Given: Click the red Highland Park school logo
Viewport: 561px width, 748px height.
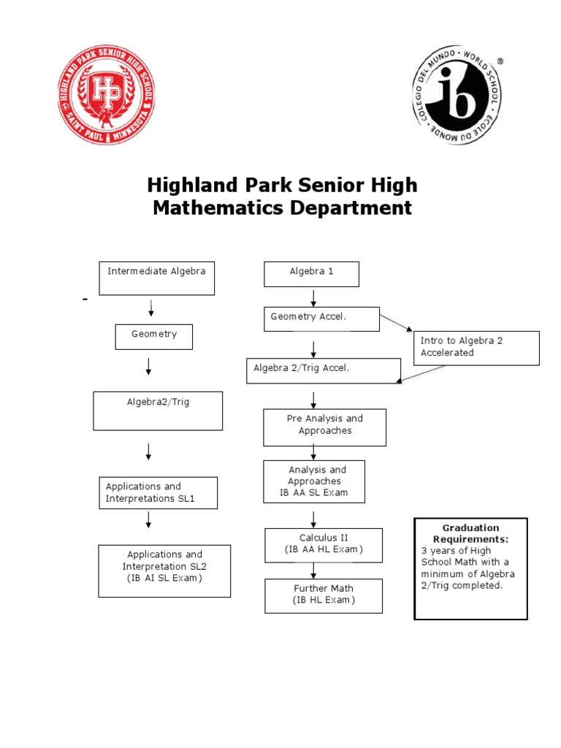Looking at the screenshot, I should click(x=107, y=95).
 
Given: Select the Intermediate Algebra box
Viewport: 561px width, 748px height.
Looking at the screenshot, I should click(x=156, y=278).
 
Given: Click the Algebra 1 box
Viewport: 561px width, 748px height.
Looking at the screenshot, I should click(x=311, y=274).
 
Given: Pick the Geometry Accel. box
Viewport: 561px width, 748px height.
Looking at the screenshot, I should click(x=321, y=318).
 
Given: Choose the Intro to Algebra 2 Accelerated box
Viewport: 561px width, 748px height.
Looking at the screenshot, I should click(x=476, y=348).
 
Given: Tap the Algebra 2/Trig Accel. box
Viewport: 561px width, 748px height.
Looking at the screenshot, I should click(x=324, y=370).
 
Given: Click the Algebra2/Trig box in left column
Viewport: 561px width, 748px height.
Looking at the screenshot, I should click(x=158, y=411).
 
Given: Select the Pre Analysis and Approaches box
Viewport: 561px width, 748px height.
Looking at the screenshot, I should click(x=324, y=427).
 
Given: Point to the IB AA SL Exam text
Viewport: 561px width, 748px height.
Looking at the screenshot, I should click(x=314, y=493).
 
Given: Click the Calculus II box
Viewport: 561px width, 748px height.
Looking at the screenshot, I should click(x=324, y=545).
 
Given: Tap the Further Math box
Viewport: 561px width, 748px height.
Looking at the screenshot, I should click(x=324, y=595).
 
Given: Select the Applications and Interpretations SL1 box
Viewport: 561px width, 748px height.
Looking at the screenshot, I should click(x=158, y=493).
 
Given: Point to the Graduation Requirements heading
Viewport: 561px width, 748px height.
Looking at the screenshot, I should click(x=470, y=533).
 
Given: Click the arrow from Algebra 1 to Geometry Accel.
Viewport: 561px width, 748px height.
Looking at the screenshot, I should click(x=313, y=298).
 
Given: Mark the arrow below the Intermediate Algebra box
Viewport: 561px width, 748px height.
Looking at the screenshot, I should click(x=150, y=308).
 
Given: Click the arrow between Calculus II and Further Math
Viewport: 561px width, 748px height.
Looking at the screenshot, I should click(x=313, y=571).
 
